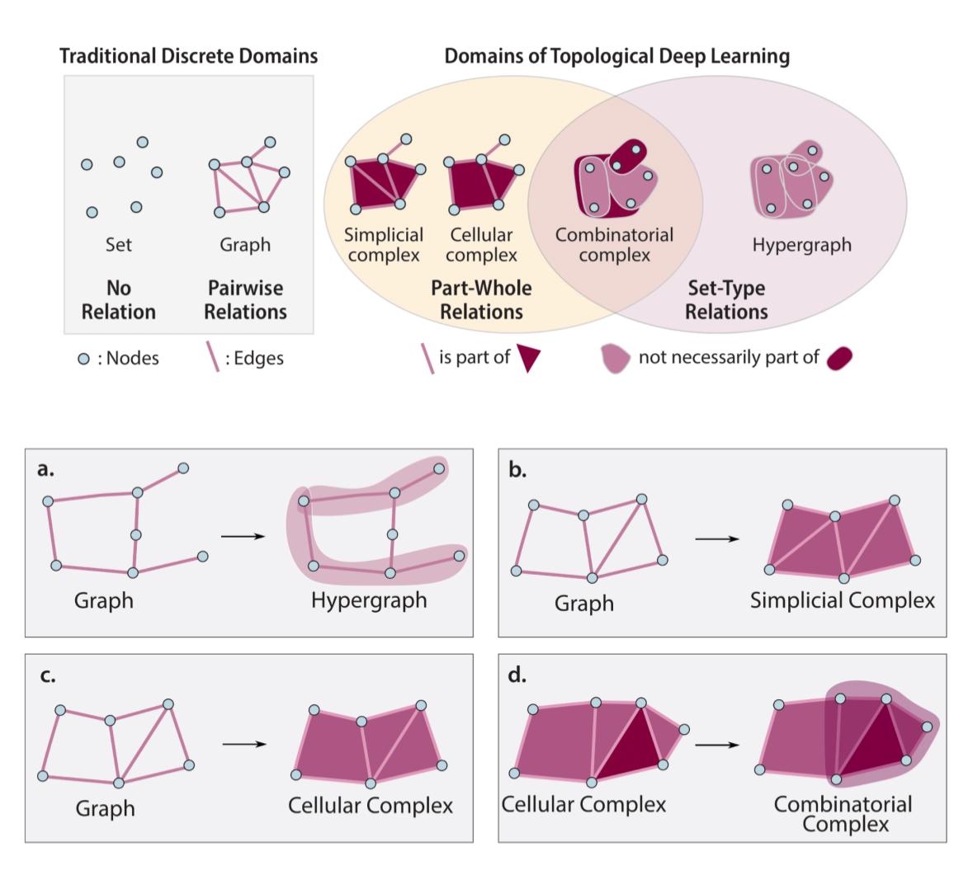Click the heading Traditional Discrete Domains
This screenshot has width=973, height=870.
click(x=188, y=57)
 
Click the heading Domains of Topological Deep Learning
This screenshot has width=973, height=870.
click(x=616, y=57)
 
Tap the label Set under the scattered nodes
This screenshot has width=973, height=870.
click(x=118, y=245)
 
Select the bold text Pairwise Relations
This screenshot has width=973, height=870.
click(x=245, y=300)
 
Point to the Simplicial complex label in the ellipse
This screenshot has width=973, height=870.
click(x=384, y=245)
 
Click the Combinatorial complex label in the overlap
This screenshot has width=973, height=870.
click(x=614, y=245)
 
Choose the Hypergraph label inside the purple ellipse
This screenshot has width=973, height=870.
click(x=801, y=245)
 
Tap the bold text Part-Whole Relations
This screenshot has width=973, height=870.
click(x=481, y=300)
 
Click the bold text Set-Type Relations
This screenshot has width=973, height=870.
click(x=726, y=300)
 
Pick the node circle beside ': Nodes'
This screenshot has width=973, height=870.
click(x=83, y=359)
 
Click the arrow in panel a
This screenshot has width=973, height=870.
click(x=243, y=537)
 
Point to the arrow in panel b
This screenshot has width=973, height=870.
click(x=717, y=539)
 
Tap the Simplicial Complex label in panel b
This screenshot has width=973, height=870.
click(x=842, y=600)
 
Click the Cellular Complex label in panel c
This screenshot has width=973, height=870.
click(x=370, y=805)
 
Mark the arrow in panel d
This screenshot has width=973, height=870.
click(x=717, y=745)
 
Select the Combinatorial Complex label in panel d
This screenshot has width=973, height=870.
click(x=842, y=813)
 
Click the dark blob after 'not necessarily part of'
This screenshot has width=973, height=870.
click(x=838, y=359)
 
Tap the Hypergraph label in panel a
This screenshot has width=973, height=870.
click(x=369, y=600)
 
